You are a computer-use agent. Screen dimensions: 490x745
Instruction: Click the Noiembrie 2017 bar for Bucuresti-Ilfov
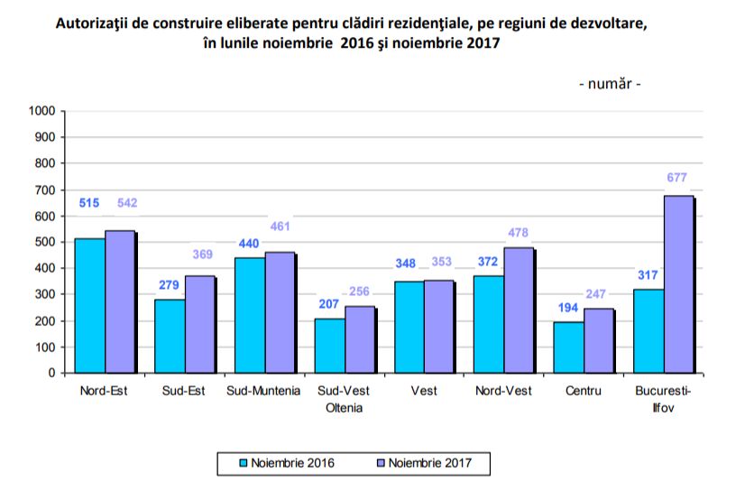(678, 284)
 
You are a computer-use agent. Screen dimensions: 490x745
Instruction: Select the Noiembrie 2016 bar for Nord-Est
(89, 305)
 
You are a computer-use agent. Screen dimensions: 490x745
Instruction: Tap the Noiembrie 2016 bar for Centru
(568, 347)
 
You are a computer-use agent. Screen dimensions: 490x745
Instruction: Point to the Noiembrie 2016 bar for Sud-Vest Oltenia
(329, 346)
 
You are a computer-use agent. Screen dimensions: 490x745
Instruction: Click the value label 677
(679, 178)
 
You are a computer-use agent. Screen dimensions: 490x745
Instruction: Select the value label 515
(89, 203)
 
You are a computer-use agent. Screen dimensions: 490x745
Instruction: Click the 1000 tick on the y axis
(42, 111)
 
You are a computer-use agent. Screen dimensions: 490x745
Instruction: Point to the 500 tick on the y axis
(46, 242)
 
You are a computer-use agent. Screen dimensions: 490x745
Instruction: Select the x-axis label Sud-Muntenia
(264, 391)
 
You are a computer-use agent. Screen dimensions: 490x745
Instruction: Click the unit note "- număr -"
(610, 84)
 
